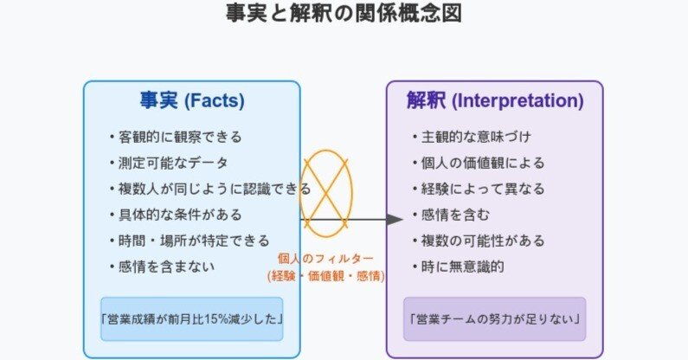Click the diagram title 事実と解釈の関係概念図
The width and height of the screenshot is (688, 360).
click(x=344, y=14)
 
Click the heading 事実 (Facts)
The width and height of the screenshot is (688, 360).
click(x=192, y=100)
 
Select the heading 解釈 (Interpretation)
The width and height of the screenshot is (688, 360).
click(x=495, y=100)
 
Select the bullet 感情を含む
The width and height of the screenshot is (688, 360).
click(x=456, y=215)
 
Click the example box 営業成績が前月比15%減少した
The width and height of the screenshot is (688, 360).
click(x=192, y=319)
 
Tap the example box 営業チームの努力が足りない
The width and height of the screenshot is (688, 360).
click(x=495, y=319)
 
